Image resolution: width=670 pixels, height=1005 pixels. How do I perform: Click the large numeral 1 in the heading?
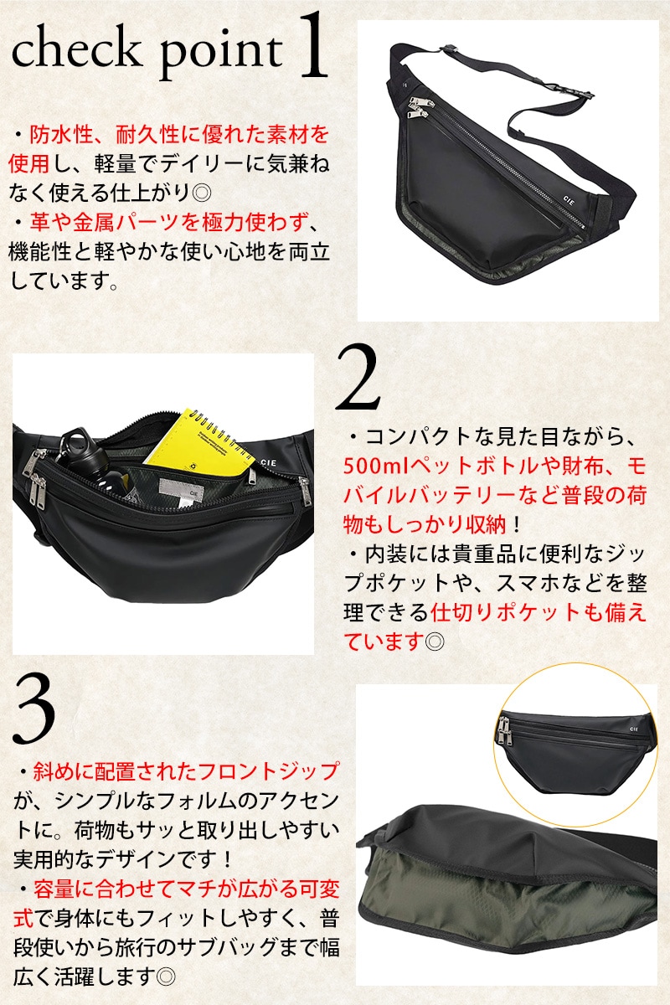pos(312,45)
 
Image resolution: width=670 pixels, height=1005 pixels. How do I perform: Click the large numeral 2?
pos(358,378)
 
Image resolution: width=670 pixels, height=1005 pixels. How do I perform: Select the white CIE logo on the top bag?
pos(568,199)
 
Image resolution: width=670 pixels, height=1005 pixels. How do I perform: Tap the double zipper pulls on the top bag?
pos(420,108)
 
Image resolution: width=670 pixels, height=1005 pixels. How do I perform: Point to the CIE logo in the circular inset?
pos(634,729)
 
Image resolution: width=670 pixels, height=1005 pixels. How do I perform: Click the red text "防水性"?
pos(61,135)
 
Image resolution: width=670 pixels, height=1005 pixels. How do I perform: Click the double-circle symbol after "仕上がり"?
pos(201,193)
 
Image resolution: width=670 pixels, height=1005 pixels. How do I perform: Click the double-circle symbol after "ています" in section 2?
pos(435,642)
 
